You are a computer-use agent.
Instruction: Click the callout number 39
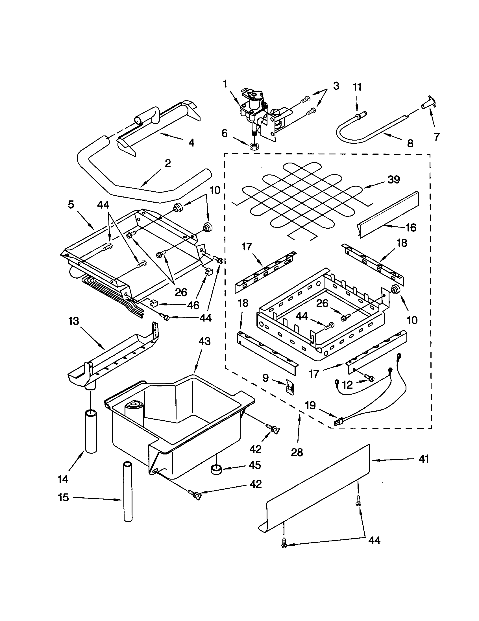pyautogui.click(x=394, y=180)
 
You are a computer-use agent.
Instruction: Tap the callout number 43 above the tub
pyautogui.click(x=204, y=341)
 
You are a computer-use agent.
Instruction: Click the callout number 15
pyautogui.click(x=64, y=497)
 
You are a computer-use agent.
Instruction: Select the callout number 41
pyautogui.click(x=424, y=459)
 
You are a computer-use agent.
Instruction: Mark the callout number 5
pyautogui.click(x=71, y=205)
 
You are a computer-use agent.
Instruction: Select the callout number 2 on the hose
pyautogui.click(x=168, y=163)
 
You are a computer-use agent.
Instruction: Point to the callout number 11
pyautogui.click(x=357, y=87)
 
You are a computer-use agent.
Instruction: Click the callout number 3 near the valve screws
pyautogui.click(x=336, y=86)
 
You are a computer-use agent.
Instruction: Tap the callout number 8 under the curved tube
pyautogui.click(x=410, y=143)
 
